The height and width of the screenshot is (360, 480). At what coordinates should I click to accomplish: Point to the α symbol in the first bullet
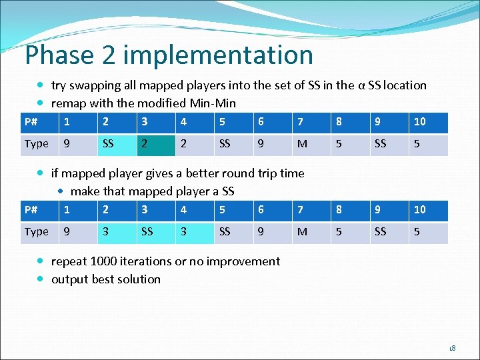point(361,85)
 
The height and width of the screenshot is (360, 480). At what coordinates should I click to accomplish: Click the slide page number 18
point(452,348)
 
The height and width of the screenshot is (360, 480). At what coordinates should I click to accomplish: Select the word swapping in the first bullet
point(97,85)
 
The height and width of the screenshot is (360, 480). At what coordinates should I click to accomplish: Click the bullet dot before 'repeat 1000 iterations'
point(41,261)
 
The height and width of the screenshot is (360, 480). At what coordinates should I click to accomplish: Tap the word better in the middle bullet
point(191,173)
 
